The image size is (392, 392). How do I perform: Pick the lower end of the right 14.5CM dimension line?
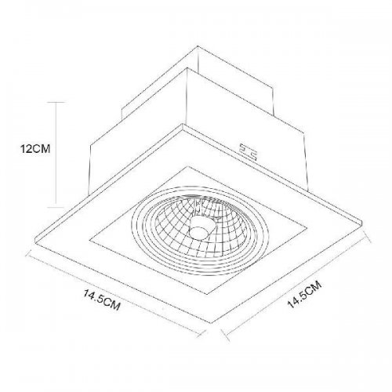tap(227, 338)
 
